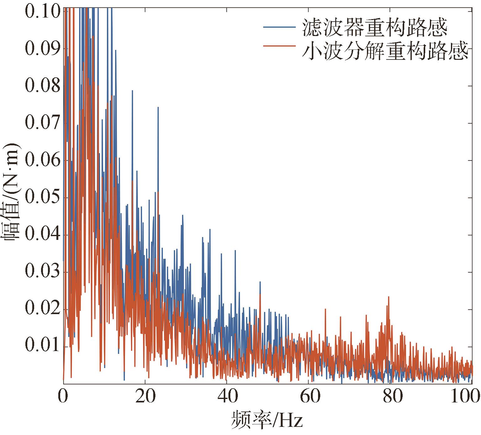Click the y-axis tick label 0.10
[x=42, y=12]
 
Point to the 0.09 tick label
[x=42, y=49]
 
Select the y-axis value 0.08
[x=42, y=86]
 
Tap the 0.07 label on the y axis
[x=42, y=123]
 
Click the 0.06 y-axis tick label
[x=42, y=160]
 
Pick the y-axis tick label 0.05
[x=42, y=198]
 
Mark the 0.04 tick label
[x=42, y=235]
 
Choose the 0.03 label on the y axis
[x=42, y=272]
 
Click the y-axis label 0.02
[x=42, y=309]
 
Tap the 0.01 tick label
[x=42, y=347]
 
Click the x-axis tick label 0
[x=63, y=397]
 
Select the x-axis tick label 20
[x=145, y=397]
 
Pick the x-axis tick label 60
[x=308, y=397]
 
